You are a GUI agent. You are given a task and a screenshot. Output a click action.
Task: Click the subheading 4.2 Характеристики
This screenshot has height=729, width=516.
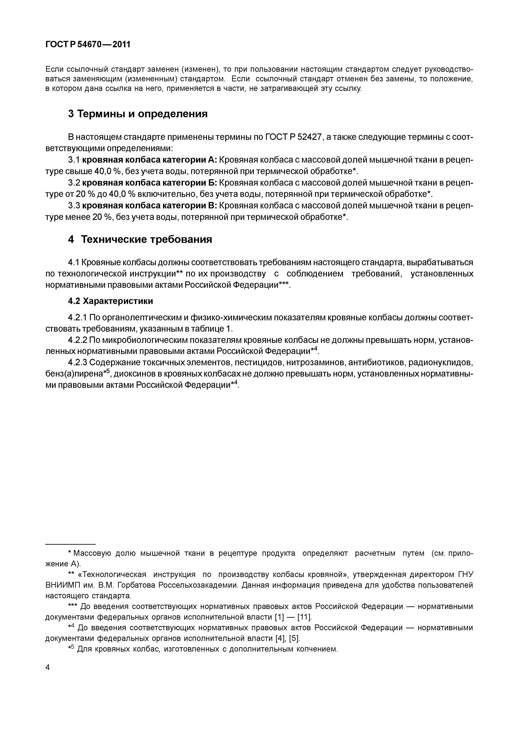coord(110,301)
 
